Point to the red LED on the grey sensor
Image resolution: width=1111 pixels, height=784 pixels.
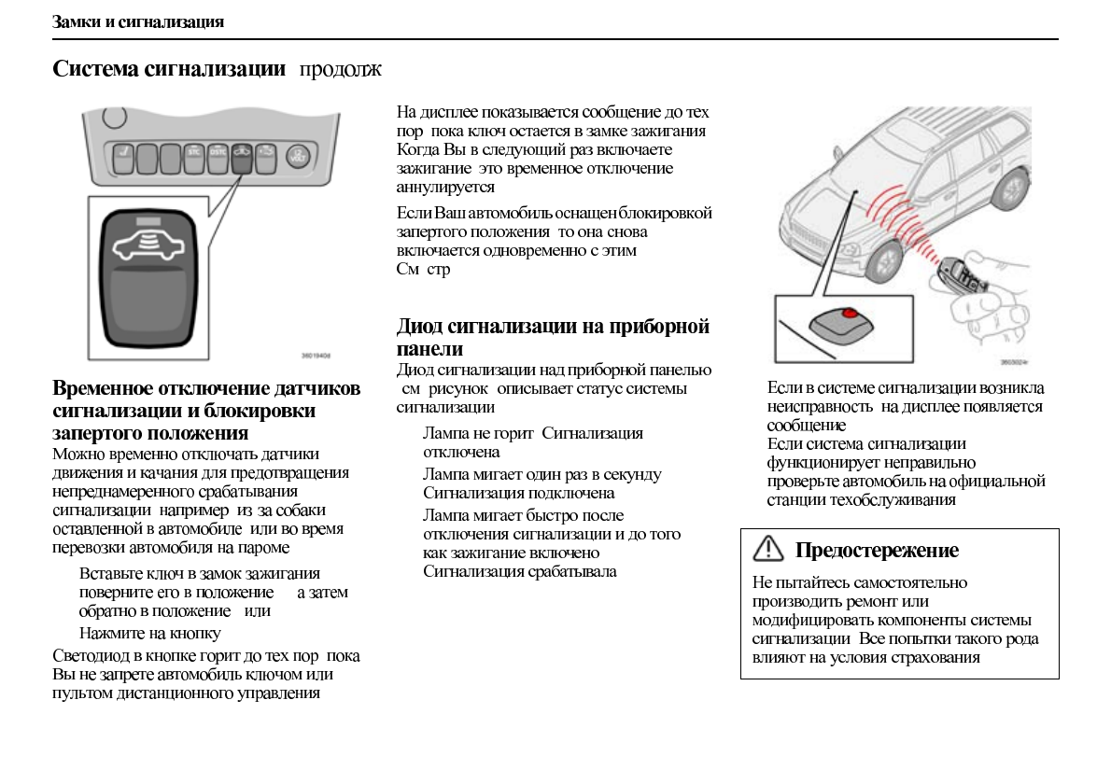[x=850, y=314]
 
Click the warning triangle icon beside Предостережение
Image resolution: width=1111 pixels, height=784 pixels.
[x=767, y=550]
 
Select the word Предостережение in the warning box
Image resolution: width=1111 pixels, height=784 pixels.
[x=877, y=551]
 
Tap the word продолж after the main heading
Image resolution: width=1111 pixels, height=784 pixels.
[x=340, y=70]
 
